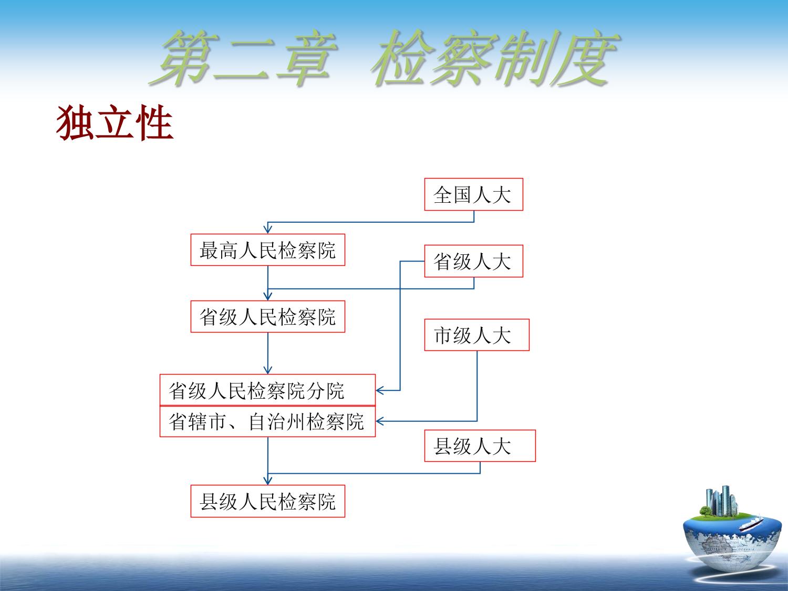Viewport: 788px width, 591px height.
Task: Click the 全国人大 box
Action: [x=473, y=194]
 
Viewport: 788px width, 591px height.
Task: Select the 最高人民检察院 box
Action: [x=268, y=250]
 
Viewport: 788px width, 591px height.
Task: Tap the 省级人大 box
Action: [x=473, y=261]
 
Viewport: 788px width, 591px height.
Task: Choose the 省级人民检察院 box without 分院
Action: [x=268, y=316]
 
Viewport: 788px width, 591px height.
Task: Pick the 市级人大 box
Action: [x=477, y=335]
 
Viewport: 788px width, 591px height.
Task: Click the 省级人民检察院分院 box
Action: [x=267, y=390]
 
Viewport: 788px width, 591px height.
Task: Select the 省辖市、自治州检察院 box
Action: [x=267, y=421]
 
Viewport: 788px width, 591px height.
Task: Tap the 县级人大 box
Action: [x=480, y=445]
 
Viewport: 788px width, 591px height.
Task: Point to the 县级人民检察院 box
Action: [x=268, y=501]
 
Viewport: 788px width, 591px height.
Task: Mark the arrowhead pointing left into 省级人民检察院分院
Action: [x=380, y=390]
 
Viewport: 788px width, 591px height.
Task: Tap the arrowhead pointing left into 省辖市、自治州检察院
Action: [x=380, y=421]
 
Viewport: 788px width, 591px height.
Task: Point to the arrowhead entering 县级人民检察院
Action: [x=268, y=480]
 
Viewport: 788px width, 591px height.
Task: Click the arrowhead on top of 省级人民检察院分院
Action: [x=268, y=369]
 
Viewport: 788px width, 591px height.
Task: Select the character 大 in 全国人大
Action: [x=502, y=195]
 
